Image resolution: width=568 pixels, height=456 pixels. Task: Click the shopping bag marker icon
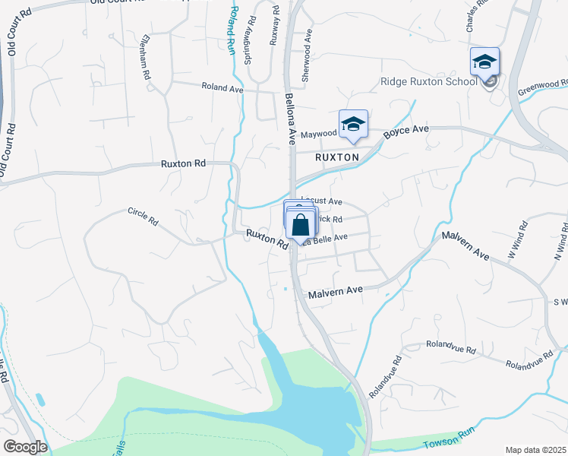click(x=301, y=224)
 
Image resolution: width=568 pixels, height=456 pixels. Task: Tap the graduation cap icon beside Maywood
click(x=353, y=125)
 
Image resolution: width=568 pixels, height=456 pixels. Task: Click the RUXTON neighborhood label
click(x=337, y=157)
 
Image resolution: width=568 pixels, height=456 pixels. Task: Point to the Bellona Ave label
click(x=289, y=119)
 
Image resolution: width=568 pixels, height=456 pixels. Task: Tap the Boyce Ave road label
click(x=406, y=131)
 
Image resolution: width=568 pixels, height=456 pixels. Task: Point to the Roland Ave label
click(x=222, y=89)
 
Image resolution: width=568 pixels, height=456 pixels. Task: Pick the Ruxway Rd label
click(x=275, y=27)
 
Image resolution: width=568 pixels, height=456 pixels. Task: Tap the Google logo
click(x=25, y=447)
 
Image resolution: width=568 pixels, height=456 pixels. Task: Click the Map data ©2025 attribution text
click(x=535, y=450)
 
